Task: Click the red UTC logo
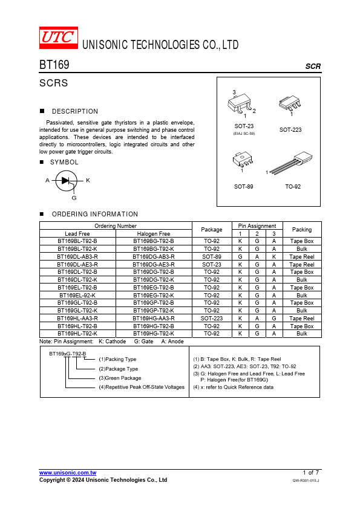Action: pos(59,37)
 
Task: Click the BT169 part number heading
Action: pos(54,65)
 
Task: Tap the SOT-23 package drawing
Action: pos(240,105)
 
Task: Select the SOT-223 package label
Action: pos(290,130)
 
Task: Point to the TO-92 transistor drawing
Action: pos(291,163)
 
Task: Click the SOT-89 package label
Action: pos(244,187)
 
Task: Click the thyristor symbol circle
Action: pos(67,181)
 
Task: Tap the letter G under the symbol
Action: pos(74,198)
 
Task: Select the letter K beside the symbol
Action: pos(88,181)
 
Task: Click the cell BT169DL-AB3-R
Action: pos(77,257)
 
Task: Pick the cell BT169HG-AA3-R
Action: pos(154,319)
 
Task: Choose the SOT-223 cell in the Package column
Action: pos(212,319)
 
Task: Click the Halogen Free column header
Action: pos(154,234)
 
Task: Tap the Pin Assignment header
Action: pos(257,226)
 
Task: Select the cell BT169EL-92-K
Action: pos(77,296)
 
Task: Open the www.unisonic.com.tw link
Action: pos(68,473)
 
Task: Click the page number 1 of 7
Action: pos(310,473)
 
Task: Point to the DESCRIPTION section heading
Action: pos(75,111)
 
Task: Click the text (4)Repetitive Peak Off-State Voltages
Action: pos(142,387)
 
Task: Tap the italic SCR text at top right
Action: pos(313,66)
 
